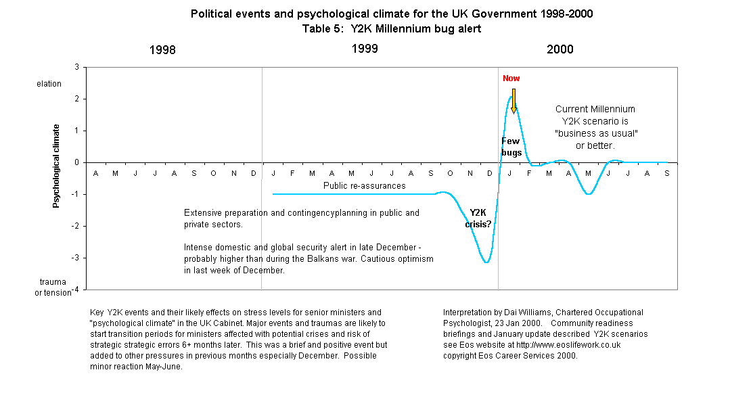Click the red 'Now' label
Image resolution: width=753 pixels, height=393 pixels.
click(511, 78)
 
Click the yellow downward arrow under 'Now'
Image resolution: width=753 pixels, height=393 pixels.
click(514, 101)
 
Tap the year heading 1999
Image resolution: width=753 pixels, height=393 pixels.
click(365, 49)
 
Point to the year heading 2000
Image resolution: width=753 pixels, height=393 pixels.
click(560, 49)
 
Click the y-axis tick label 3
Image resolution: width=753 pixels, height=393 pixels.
click(76, 67)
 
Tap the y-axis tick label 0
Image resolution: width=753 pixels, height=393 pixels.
click(76, 162)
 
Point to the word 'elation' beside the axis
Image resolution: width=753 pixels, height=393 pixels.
click(49, 84)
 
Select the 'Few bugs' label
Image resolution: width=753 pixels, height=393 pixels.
click(511, 147)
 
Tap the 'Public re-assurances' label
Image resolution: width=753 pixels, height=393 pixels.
click(364, 185)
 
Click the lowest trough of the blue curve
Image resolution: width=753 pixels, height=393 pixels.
click(486, 262)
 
